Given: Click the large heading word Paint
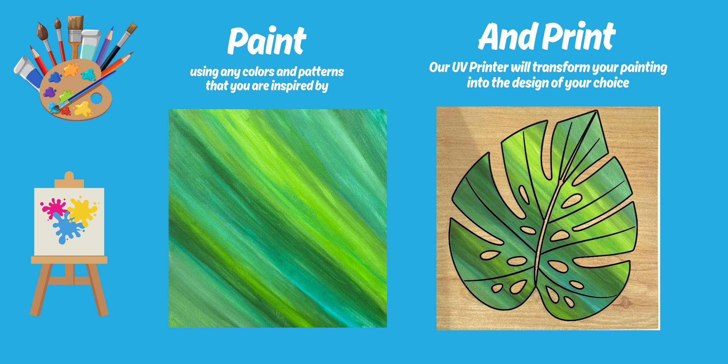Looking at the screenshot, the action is tap(267, 41).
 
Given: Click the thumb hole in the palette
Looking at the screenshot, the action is tap(96, 98).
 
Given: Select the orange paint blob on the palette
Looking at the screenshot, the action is tap(71, 70).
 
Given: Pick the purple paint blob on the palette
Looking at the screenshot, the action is tap(50, 92).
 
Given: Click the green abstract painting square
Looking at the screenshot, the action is tap(278, 218).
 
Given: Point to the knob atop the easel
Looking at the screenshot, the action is tap(69, 176).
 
